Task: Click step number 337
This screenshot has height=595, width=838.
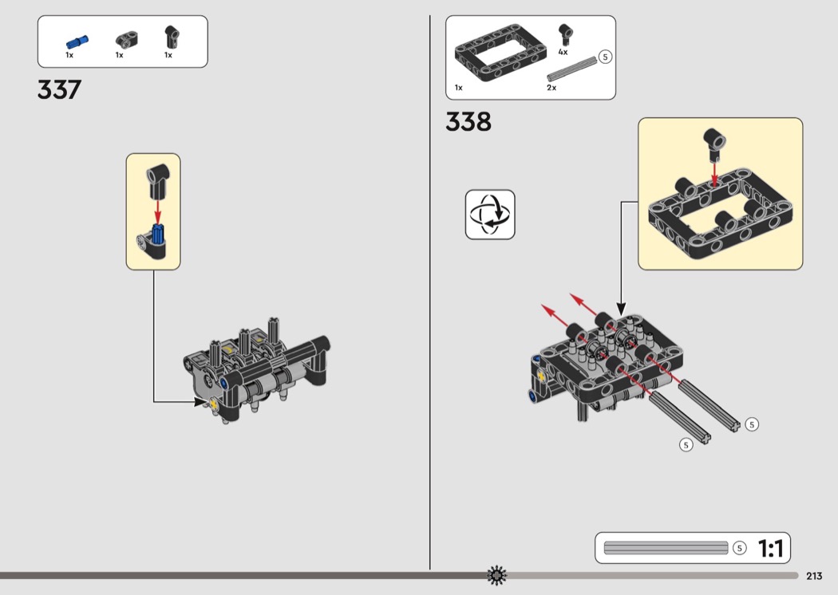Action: coord(59,89)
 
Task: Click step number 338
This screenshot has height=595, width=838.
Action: coord(468,122)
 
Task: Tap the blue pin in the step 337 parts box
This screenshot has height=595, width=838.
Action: coord(77,41)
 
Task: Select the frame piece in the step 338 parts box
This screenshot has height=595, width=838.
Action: coord(496,53)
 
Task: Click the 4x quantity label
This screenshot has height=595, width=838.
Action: coord(563,53)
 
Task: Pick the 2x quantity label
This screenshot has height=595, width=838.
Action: coord(551,88)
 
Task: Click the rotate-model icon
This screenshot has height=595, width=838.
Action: coord(490,215)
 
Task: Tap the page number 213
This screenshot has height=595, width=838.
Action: coord(814,576)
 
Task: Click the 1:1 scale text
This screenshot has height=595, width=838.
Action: coord(771,548)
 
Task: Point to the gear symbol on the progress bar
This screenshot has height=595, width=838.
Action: coord(496,575)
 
